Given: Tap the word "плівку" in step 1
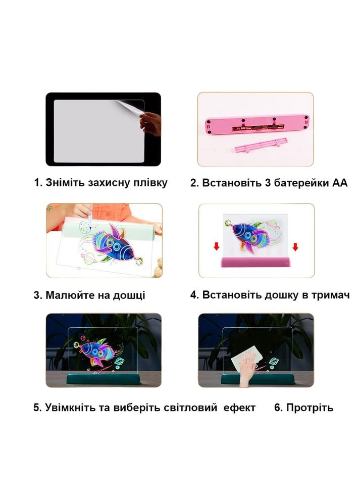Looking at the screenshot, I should pyautogui.click(x=150, y=183).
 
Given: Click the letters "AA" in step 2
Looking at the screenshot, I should pyautogui.click(x=340, y=183).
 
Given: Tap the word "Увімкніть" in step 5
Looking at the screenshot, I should pyautogui.click(x=70, y=408).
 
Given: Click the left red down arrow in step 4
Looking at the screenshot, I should pyautogui.click(x=216, y=246).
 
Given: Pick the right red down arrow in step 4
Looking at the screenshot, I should pyautogui.click(x=295, y=247).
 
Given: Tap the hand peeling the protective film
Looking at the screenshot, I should pyautogui.click(x=150, y=123).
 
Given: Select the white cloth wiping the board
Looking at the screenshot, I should pyautogui.click(x=247, y=357).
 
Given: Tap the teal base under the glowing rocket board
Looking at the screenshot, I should pyautogui.click(x=104, y=378).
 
